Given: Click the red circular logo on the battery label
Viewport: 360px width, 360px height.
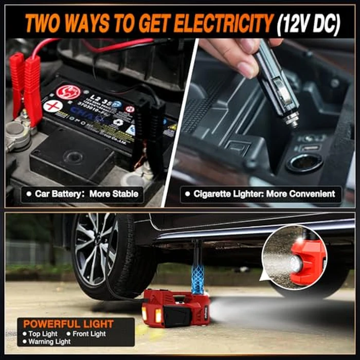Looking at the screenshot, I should coord(68,92).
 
